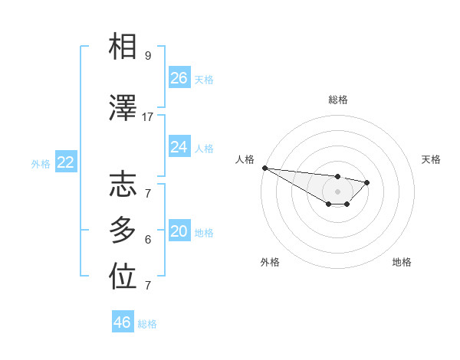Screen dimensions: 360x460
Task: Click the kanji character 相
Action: tap(123, 47)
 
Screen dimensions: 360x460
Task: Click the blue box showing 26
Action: tap(179, 78)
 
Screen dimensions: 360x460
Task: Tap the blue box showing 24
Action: tap(179, 147)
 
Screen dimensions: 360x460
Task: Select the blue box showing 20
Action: tap(179, 232)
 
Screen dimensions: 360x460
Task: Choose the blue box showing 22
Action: tap(66, 162)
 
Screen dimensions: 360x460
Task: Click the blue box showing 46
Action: tap(123, 322)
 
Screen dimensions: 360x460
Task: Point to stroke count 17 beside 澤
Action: tap(148, 117)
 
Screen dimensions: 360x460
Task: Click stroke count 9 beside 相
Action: tap(148, 56)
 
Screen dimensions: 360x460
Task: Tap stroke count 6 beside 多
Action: tap(148, 240)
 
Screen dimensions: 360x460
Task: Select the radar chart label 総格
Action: tap(338, 100)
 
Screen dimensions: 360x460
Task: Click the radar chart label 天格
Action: tap(432, 159)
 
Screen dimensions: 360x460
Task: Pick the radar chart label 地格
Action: tap(402, 262)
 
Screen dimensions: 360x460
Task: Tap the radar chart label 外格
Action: tap(270, 262)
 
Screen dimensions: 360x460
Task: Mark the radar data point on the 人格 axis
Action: tap(264, 168)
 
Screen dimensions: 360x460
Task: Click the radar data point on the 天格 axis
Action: tap(367, 182)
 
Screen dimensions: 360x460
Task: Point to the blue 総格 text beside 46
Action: tap(147, 324)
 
